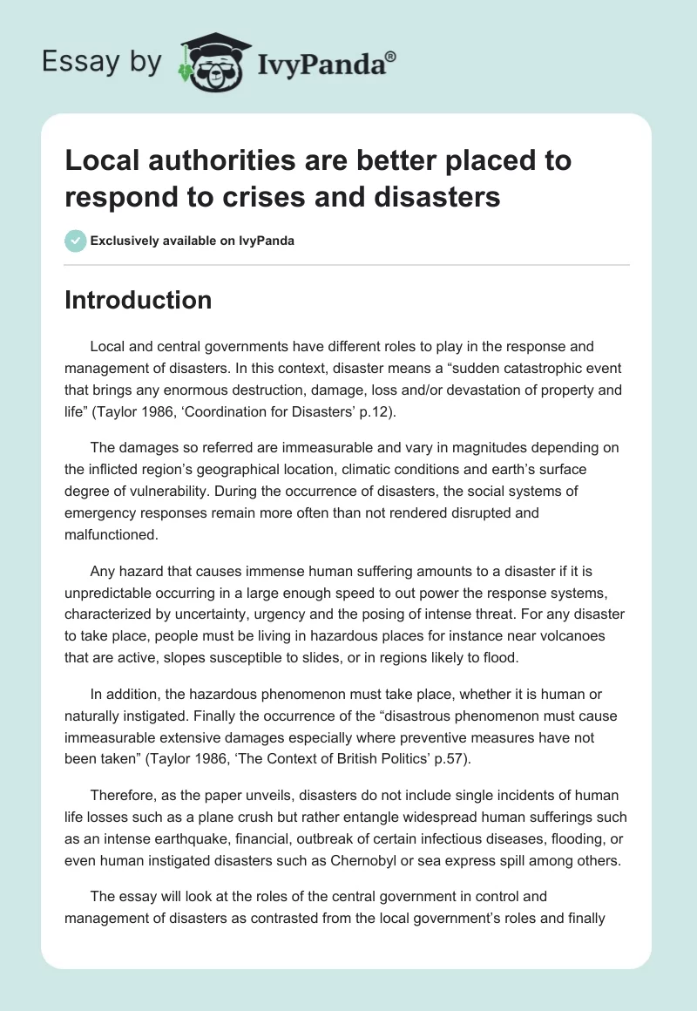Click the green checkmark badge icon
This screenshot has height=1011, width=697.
click(76, 241)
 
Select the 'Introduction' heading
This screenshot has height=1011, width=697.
click(139, 300)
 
